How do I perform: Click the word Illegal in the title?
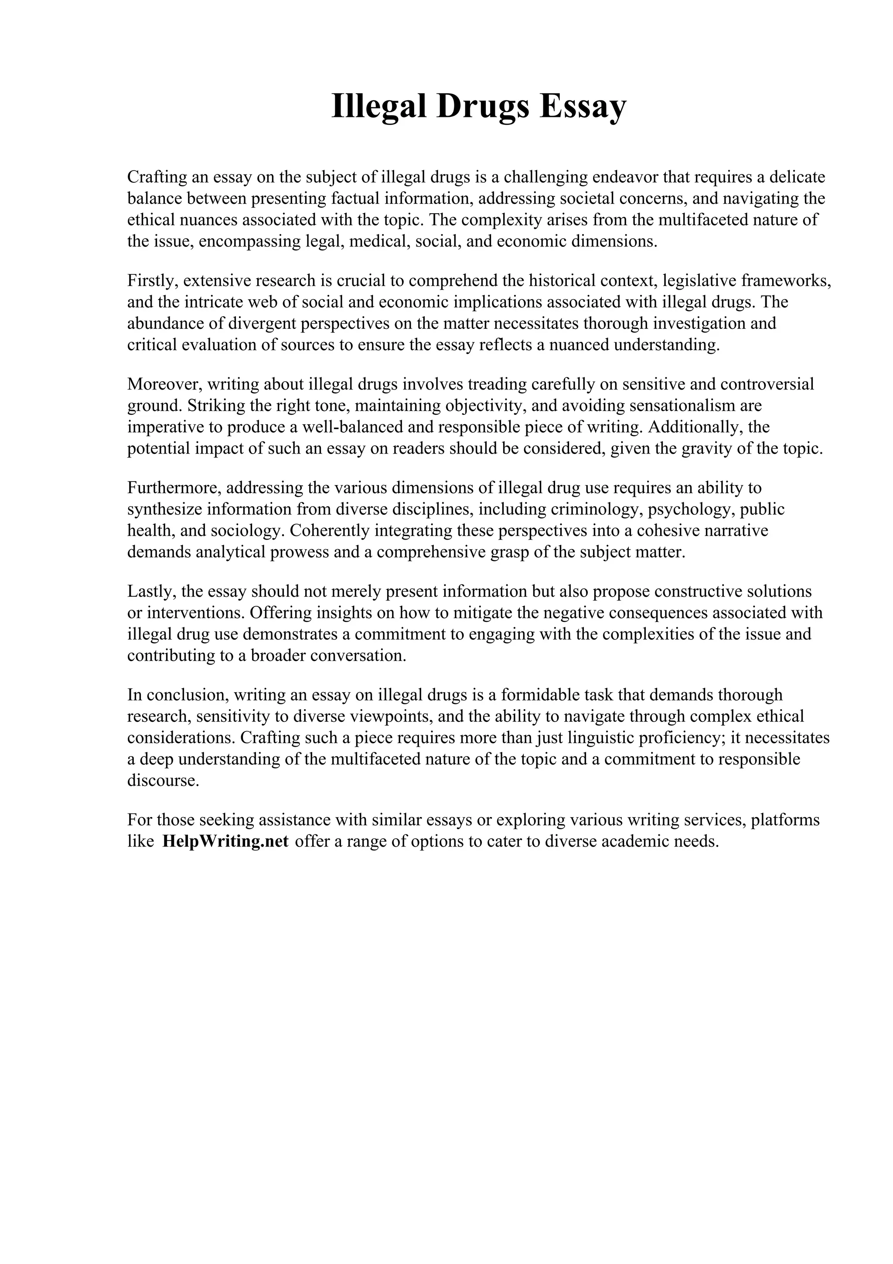(379, 106)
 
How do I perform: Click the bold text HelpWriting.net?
(225, 842)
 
